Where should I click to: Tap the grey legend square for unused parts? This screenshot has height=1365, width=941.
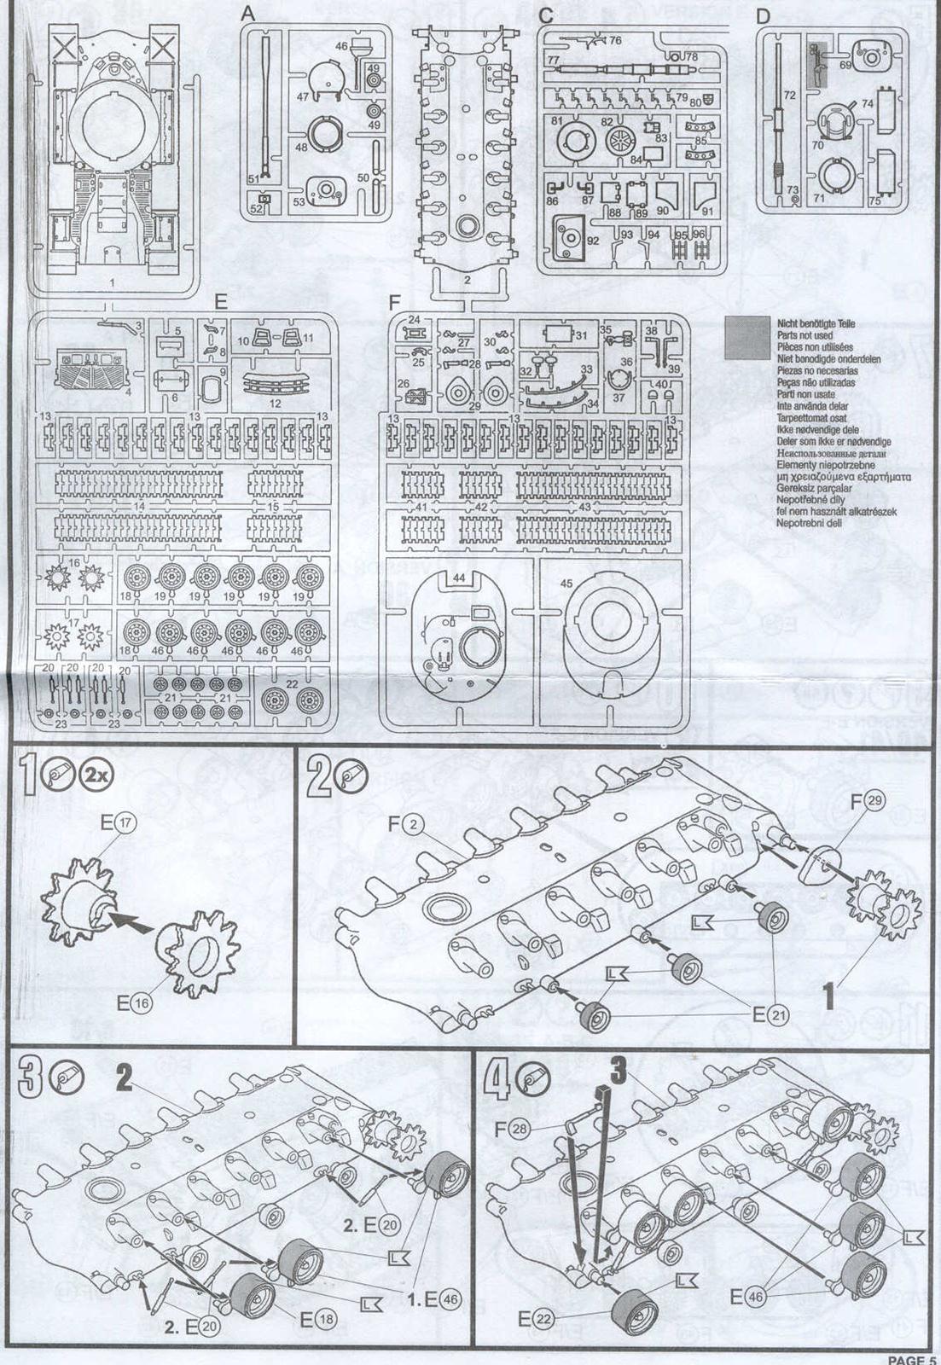(745, 336)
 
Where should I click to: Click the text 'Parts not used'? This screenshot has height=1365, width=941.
(805, 336)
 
